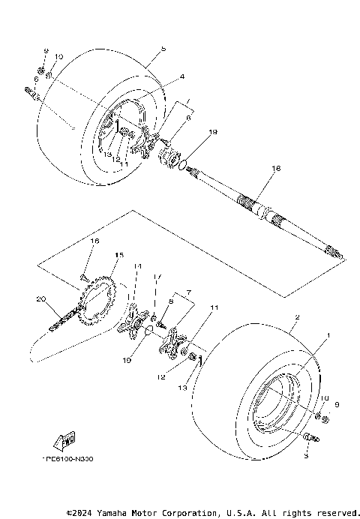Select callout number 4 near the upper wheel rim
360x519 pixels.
click(x=181, y=76)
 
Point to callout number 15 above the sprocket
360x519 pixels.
click(x=117, y=256)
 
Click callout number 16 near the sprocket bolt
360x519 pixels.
click(x=94, y=241)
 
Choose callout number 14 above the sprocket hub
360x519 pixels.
click(x=138, y=266)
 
